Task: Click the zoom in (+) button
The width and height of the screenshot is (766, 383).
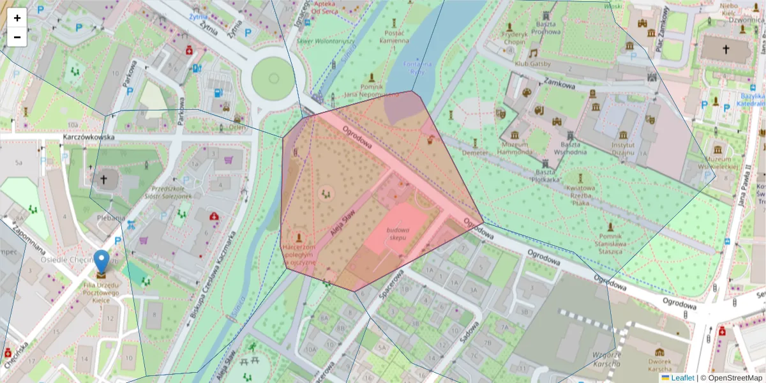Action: [x=17, y=18]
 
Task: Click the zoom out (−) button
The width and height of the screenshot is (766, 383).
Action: [x=17, y=37]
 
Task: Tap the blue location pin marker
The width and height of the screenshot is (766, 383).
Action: [x=101, y=262]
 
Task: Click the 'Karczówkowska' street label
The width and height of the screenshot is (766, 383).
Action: [x=88, y=137]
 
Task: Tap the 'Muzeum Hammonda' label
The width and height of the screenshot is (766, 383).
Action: [x=515, y=148]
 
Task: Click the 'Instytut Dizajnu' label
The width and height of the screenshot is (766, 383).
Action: [x=622, y=148]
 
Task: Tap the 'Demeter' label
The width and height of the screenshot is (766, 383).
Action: [x=474, y=153]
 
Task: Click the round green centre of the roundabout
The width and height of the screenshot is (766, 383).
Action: [x=274, y=78]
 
